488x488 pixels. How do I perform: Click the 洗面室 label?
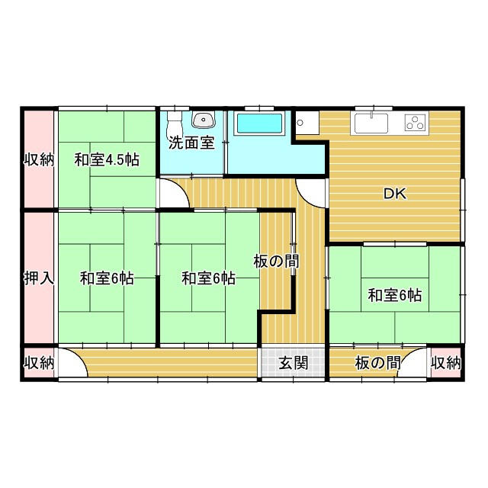[191, 143]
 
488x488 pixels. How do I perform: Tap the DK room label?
[395, 194]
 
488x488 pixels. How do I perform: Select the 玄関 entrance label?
[293, 363]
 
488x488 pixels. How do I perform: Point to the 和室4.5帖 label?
[107, 160]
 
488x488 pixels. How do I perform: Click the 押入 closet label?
[39, 278]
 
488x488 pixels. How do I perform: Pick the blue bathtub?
[260, 124]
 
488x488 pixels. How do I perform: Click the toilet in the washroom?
[175, 124]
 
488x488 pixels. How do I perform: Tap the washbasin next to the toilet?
[204, 120]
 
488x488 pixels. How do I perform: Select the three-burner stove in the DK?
[416, 122]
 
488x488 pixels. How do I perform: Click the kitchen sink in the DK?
[371, 123]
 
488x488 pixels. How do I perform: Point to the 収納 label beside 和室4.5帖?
[39, 160]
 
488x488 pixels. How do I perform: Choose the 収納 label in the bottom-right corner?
[445, 363]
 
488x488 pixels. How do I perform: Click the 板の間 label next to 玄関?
[378, 363]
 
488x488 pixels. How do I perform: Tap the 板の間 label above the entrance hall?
[276, 261]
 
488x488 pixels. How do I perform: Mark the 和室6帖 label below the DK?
[395, 295]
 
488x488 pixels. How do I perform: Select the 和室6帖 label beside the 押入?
[107, 278]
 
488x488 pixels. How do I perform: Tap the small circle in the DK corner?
[300, 123]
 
